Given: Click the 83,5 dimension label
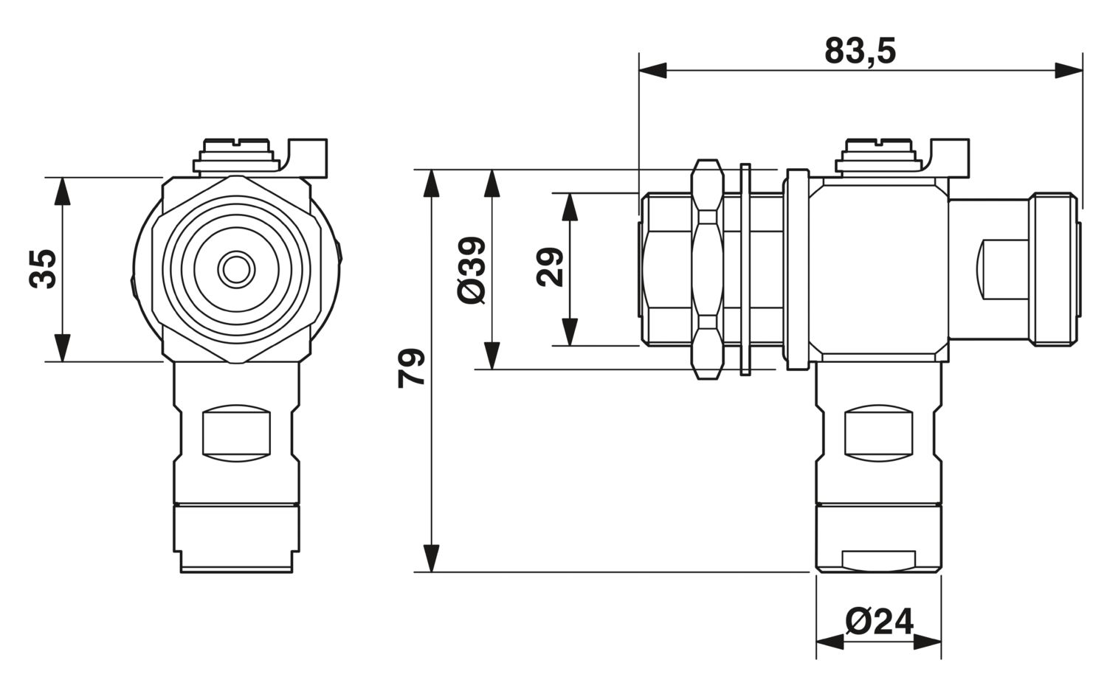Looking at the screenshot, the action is pos(860,51).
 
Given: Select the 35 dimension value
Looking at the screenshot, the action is pos(43,269).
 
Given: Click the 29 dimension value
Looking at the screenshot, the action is pos(550,267).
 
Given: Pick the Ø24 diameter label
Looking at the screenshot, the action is pos(880,621).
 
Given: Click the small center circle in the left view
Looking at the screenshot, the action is pos(236,269).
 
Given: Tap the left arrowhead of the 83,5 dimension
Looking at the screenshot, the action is pos(653,71).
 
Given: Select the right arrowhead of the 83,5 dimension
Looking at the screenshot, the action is pos(1069,71).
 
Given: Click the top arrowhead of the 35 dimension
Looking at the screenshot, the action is pos(62,191).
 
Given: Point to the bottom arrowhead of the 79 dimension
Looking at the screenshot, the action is pos(432,558).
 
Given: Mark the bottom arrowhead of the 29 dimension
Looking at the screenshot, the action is pos(570,332).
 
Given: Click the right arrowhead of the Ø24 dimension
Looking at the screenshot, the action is pos(927,642).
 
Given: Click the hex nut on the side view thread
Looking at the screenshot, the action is pos(707,269).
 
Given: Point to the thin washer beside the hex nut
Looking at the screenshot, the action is pos(745,270).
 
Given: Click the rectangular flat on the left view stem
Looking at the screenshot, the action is pos(237,433).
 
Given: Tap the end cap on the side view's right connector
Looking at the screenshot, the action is pos(1054,269).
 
